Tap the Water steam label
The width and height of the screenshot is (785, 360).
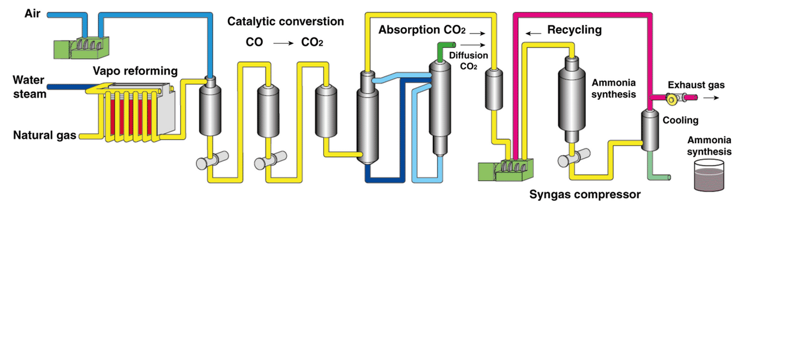pyautogui.click(x=29, y=87)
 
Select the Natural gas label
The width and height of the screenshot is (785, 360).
pyautogui.click(x=44, y=136)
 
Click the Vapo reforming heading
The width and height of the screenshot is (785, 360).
pyautogui.click(x=135, y=71)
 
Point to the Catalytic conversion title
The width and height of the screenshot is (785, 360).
pyautogui.click(x=285, y=22)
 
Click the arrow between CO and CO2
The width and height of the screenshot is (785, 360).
pyautogui.click(x=283, y=43)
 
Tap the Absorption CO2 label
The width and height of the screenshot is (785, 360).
pyautogui.click(x=422, y=30)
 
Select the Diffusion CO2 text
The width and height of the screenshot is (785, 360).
pyautogui.click(x=468, y=61)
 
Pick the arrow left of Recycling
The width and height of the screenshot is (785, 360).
pyautogui.click(x=533, y=33)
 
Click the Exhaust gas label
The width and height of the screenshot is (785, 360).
pyautogui.click(x=696, y=85)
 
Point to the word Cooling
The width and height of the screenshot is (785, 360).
pyautogui.click(x=680, y=121)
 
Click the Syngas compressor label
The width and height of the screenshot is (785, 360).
pyautogui.click(x=585, y=194)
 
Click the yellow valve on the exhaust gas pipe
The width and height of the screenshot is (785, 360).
pyautogui.click(x=672, y=100)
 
